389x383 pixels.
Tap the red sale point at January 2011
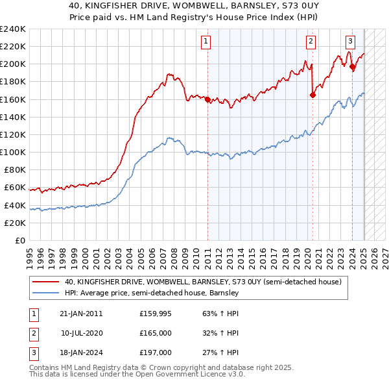(x=207, y=99)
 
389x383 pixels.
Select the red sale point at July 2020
(x=312, y=95)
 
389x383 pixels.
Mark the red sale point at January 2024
(x=352, y=66)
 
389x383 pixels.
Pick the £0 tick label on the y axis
(x=19, y=240)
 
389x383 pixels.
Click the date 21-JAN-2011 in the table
(x=81, y=313)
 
